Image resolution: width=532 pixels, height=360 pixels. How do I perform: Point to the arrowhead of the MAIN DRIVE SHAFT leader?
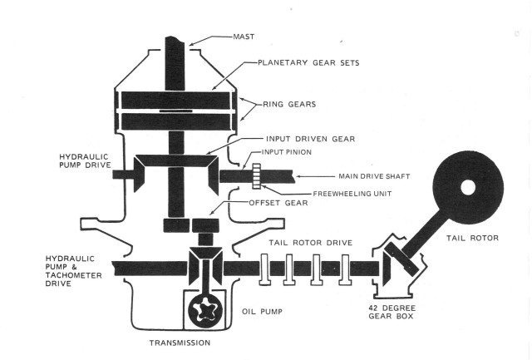click(x=303, y=176)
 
